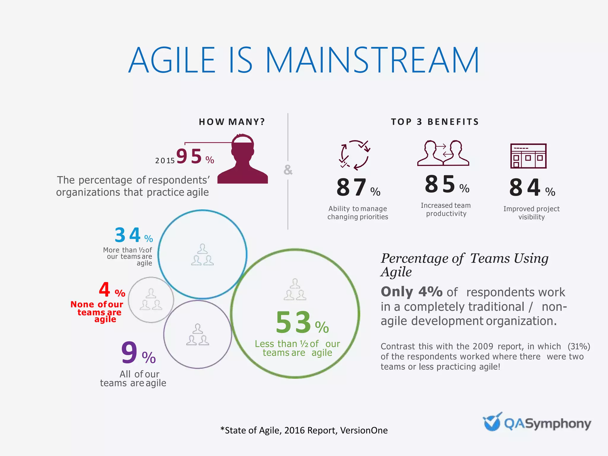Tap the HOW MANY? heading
point(232,122)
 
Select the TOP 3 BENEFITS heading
point(435,122)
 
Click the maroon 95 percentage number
point(189,156)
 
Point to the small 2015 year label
point(165,161)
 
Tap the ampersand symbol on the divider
point(288,170)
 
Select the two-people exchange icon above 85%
point(443,153)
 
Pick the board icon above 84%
point(528,156)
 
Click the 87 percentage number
point(352,188)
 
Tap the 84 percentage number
point(525,188)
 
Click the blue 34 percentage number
point(128,235)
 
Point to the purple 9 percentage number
point(129,353)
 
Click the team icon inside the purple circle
point(198,335)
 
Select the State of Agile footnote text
point(304,430)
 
